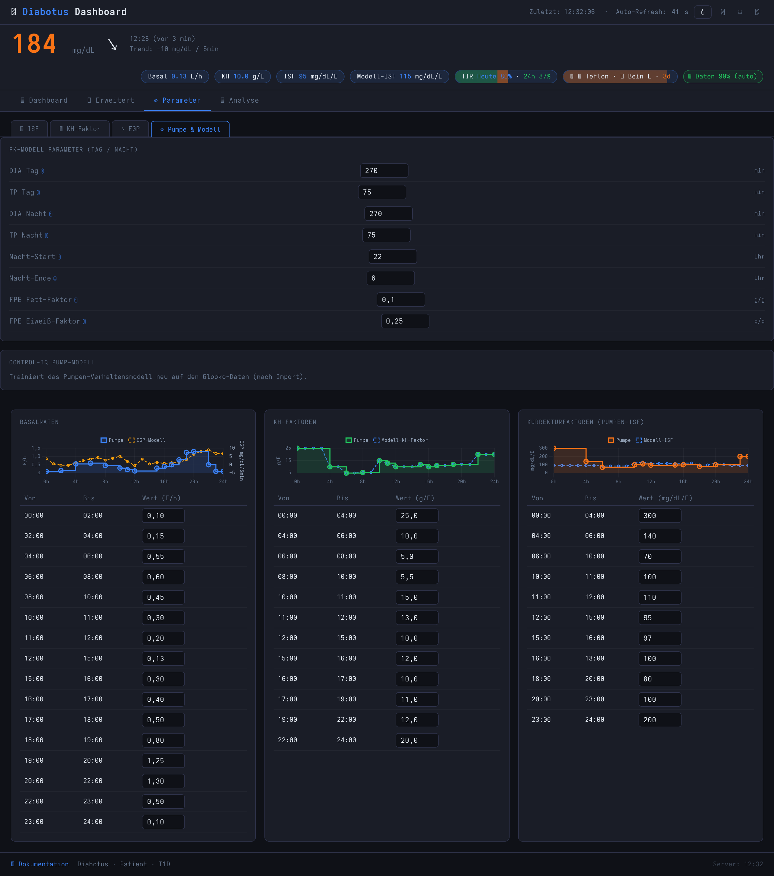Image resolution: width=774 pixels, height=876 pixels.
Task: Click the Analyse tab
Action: pos(239,100)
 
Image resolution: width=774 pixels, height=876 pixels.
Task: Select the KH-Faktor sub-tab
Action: pos(80,129)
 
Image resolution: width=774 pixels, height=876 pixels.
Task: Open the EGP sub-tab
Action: pos(130,129)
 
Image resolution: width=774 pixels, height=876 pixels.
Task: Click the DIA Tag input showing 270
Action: pos(384,171)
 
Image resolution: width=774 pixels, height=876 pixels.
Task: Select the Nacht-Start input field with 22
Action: pos(393,257)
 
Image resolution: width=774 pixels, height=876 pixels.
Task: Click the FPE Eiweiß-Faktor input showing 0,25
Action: pos(405,321)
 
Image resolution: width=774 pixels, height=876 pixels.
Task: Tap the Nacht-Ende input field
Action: pos(390,278)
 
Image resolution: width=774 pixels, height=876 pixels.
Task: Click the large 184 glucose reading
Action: pos(34,44)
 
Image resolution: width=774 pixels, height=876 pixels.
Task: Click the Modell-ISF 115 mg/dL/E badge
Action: pos(399,76)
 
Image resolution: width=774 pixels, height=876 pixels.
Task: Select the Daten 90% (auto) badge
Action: pos(723,76)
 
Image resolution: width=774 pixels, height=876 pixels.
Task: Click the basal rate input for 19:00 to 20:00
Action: pos(163,761)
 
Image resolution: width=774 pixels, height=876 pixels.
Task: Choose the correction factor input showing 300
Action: pos(660,516)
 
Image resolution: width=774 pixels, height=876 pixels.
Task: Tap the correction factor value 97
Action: pos(660,638)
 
